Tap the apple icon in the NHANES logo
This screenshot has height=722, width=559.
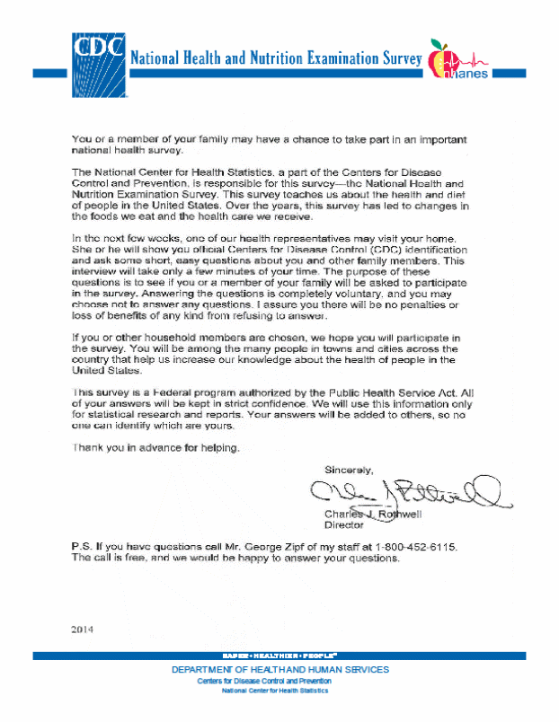[x=441, y=59]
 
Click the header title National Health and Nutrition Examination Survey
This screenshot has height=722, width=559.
[x=277, y=59]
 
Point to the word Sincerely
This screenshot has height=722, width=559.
[x=349, y=470]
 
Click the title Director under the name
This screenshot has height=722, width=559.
[x=342, y=524]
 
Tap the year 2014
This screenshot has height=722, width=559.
[x=83, y=629]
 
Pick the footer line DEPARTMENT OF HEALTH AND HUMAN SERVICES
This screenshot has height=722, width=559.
[x=279, y=670]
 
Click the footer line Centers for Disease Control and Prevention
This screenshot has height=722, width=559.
[x=277, y=681]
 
